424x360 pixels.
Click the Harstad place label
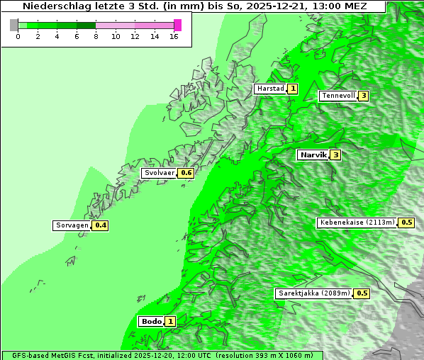270,89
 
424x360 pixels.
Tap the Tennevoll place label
337,96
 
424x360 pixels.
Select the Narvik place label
313,154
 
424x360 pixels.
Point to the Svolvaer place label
160,173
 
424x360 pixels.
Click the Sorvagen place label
72,225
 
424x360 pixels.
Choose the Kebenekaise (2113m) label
357,223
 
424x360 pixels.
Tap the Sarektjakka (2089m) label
314,293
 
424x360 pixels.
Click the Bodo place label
152,321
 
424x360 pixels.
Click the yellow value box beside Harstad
292,89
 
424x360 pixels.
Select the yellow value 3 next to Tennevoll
364,96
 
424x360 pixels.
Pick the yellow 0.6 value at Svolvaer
186,173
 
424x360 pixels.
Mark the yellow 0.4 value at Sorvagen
101,225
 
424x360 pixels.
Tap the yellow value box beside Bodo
170,321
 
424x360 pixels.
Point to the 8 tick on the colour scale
96,36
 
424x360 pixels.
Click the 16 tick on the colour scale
174,36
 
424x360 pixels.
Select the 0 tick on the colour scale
18,36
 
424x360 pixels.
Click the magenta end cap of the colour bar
177,25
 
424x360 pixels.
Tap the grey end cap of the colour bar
14,25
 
